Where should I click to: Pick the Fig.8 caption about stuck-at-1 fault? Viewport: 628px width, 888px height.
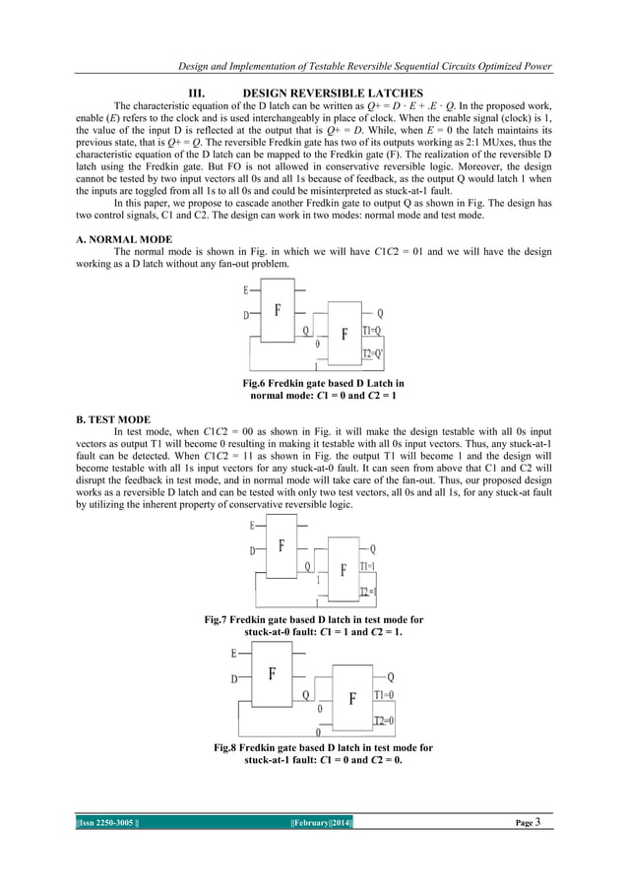coord(323,754)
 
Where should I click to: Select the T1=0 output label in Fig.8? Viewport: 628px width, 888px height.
coord(384,696)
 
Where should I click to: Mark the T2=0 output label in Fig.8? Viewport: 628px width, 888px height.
coord(384,721)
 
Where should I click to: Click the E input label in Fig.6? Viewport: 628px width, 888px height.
coord(245,290)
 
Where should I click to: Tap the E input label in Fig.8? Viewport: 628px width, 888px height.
coord(234,653)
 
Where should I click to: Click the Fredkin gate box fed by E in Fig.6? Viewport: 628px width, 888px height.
coord(278,307)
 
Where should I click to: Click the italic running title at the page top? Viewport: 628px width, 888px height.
coord(361,66)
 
